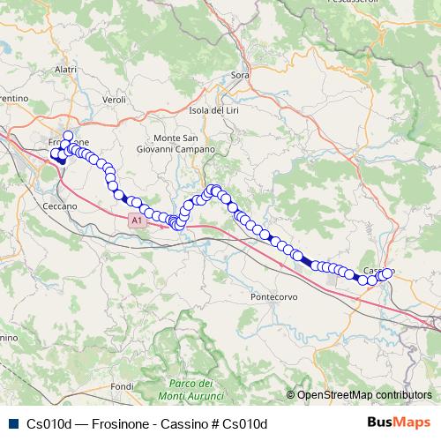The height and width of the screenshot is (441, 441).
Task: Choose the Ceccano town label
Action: (59, 206)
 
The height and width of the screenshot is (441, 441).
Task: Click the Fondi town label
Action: (122, 386)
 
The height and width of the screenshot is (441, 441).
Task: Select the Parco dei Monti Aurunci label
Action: (191, 389)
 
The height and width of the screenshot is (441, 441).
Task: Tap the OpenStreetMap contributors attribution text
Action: (364, 395)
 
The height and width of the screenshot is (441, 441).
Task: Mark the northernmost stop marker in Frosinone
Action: (68, 136)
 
